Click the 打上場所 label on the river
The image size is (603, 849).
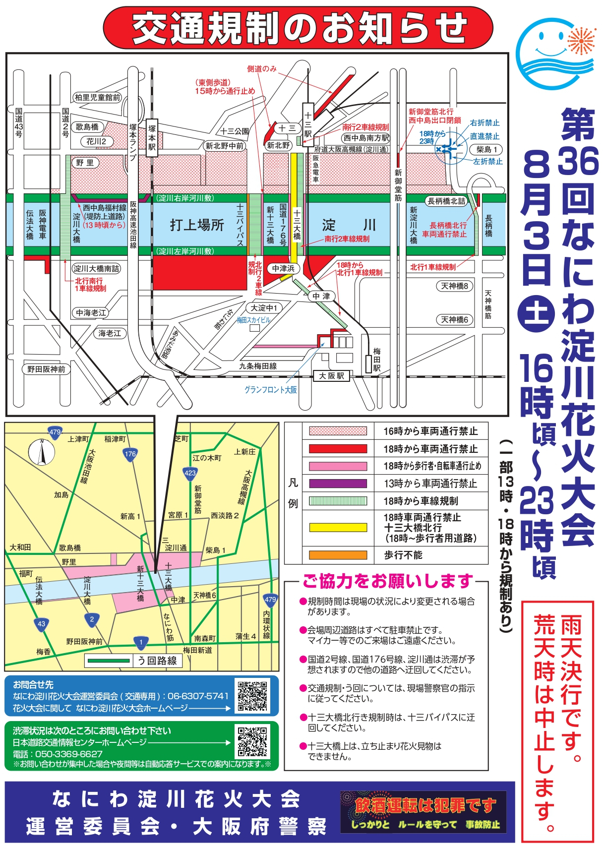197,225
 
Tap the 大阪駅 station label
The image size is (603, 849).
331,376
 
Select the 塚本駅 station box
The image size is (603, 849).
152,137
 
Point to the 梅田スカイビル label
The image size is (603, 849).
253,320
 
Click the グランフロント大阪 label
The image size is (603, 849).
271,390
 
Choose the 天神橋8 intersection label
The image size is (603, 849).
455,286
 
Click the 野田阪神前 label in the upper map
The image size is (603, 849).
46,369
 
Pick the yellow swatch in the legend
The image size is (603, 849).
338,527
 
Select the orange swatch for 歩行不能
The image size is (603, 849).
338,555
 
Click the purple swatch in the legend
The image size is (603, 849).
338,484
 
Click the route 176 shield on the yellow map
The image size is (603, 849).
130,454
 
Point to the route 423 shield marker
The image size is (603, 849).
190,473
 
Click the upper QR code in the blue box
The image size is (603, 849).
253,695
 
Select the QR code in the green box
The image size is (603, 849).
252,742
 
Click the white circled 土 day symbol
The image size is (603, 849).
537,314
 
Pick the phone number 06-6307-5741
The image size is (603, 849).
198,696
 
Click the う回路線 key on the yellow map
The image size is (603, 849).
133,661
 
